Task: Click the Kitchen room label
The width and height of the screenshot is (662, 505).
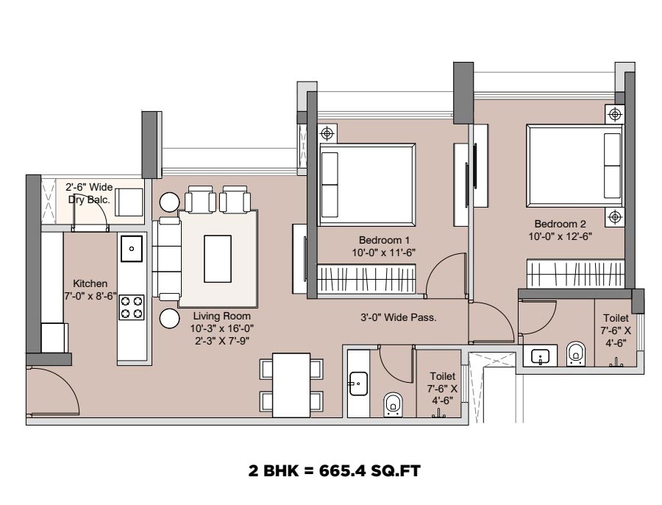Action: tap(90, 289)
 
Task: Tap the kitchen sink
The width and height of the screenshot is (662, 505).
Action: tap(132, 249)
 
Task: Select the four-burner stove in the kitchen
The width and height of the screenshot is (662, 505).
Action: tap(132, 307)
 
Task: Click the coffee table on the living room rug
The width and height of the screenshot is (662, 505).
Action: tap(218, 258)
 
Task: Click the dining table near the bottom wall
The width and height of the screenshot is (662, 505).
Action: tap(291, 385)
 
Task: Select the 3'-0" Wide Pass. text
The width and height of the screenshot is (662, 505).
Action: tap(398, 317)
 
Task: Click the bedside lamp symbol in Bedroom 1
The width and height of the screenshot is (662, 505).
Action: tap(327, 133)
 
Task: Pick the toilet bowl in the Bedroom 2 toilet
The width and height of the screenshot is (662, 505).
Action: tap(575, 353)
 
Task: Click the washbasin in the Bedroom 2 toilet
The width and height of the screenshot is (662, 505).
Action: tap(540, 356)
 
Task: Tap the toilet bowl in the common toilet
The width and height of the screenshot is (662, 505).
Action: tap(393, 404)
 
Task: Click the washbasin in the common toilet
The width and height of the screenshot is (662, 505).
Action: tap(358, 384)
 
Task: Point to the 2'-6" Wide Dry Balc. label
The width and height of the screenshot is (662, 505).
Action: tap(89, 193)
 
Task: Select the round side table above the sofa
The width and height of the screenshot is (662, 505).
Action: tap(170, 202)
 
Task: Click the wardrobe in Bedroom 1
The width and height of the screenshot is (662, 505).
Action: tap(366, 278)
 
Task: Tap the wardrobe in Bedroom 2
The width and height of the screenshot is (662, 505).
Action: tap(575, 273)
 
